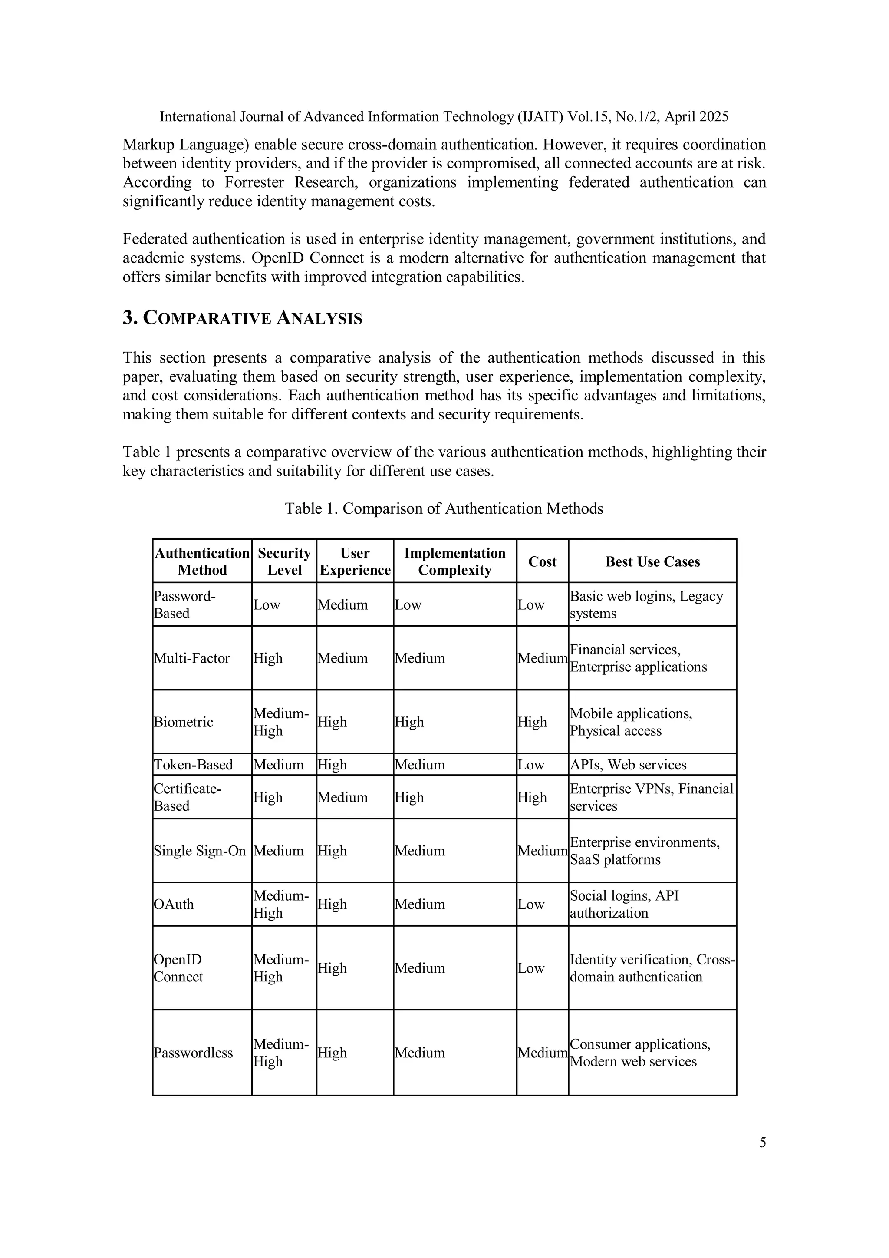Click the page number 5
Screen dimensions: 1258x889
pos(762,1142)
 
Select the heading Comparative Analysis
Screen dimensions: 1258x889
pos(242,318)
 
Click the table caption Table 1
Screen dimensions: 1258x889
pos(443,508)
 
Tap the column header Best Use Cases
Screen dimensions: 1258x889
pos(652,561)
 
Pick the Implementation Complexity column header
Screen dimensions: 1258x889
pos(454,561)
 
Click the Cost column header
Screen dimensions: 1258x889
pos(542,561)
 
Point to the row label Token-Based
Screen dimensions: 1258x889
pos(193,764)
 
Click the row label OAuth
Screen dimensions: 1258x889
pos(174,904)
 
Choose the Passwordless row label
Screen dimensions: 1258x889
pos(193,1053)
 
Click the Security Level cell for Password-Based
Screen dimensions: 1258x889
pos(267,605)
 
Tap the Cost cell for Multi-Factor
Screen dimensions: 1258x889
pos(542,658)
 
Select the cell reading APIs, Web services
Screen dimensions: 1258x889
pos(628,764)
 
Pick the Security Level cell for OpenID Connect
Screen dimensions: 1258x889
pos(280,968)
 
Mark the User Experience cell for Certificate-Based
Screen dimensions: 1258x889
pos(342,797)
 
